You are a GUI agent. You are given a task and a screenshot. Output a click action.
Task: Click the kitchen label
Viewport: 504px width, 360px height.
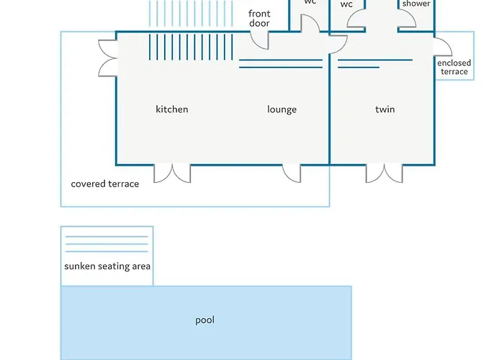(x=172, y=109)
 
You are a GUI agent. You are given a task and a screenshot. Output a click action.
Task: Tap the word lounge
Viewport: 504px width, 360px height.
(x=282, y=109)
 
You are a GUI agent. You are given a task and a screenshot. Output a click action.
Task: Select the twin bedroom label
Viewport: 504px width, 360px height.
(x=385, y=109)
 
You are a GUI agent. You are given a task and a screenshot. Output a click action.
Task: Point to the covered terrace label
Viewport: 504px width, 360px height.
(x=105, y=184)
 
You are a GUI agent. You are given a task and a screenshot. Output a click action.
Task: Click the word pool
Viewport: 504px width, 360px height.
(x=205, y=320)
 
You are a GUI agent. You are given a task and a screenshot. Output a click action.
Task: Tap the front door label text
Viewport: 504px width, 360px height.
(x=259, y=19)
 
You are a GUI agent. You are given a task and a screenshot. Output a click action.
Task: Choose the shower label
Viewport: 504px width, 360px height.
(x=416, y=4)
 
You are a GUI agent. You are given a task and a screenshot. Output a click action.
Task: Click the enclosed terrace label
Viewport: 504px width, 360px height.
(x=454, y=68)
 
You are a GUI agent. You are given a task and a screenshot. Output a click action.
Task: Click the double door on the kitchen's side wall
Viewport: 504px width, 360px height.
(x=108, y=58)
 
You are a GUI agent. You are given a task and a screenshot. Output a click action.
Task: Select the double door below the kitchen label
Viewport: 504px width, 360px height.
(x=172, y=173)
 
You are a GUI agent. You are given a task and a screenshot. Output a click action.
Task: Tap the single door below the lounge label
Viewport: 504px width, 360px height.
(x=292, y=173)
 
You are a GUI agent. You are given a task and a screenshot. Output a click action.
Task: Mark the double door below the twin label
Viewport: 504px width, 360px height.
(x=384, y=173)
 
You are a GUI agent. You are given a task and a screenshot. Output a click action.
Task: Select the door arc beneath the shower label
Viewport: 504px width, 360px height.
(x=407, y=20)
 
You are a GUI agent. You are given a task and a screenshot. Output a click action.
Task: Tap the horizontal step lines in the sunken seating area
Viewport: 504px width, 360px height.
(x=106, y=244)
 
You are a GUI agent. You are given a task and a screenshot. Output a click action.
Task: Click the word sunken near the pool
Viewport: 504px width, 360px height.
(x=79, y=266)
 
